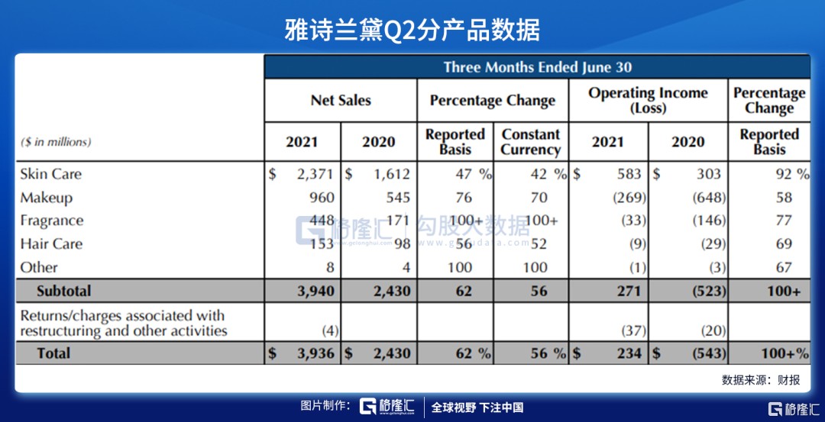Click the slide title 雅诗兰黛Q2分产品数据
coord(412,30)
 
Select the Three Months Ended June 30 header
coord(537,67)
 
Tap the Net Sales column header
coord(341,101)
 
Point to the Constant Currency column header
coord(530,142)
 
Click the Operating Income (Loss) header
coord(648,101)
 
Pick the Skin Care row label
coord(50,174)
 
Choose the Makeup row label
coord(46,198)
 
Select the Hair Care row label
coord(50,244)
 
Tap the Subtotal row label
coord(63,291)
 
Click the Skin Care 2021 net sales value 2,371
coord(315,174)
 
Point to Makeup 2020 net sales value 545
coord(397,198)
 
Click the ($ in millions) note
coord(56,142)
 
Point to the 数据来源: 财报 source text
coord(761,379)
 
